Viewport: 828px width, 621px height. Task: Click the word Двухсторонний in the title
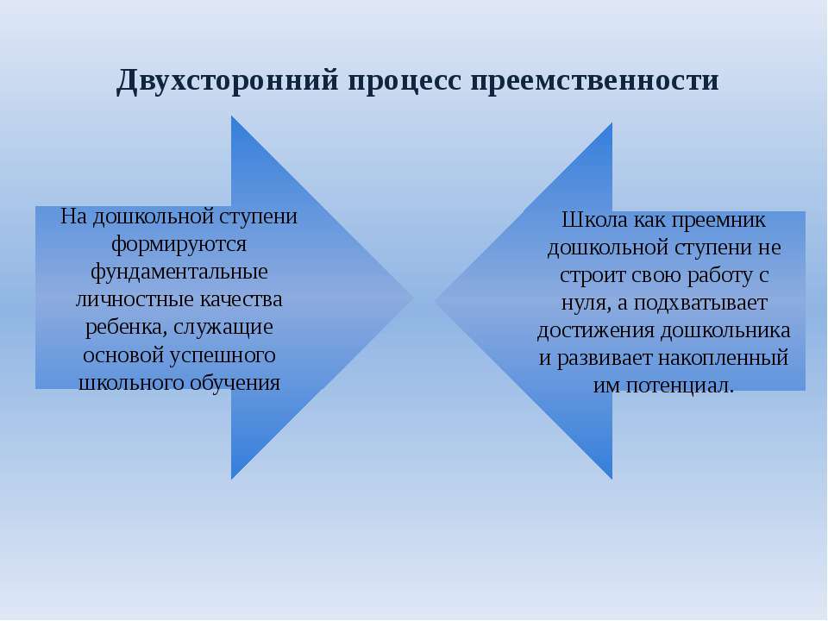click(227, 81)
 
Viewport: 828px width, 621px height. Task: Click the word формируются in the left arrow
click(179, 244)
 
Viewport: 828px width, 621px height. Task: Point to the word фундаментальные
click(179, 272)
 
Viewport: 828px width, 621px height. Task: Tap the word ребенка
click(126, 327)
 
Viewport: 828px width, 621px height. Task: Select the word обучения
click(235, 383)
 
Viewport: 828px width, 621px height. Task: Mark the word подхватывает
click(700, 303)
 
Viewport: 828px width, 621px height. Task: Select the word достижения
click(596, 331)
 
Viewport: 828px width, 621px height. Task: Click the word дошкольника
click(725, 330)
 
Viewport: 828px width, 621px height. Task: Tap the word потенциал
click(680, 386)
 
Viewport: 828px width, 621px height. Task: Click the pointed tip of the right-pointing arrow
click(413, 298)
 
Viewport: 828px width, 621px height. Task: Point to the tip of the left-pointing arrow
click(435, 301)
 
